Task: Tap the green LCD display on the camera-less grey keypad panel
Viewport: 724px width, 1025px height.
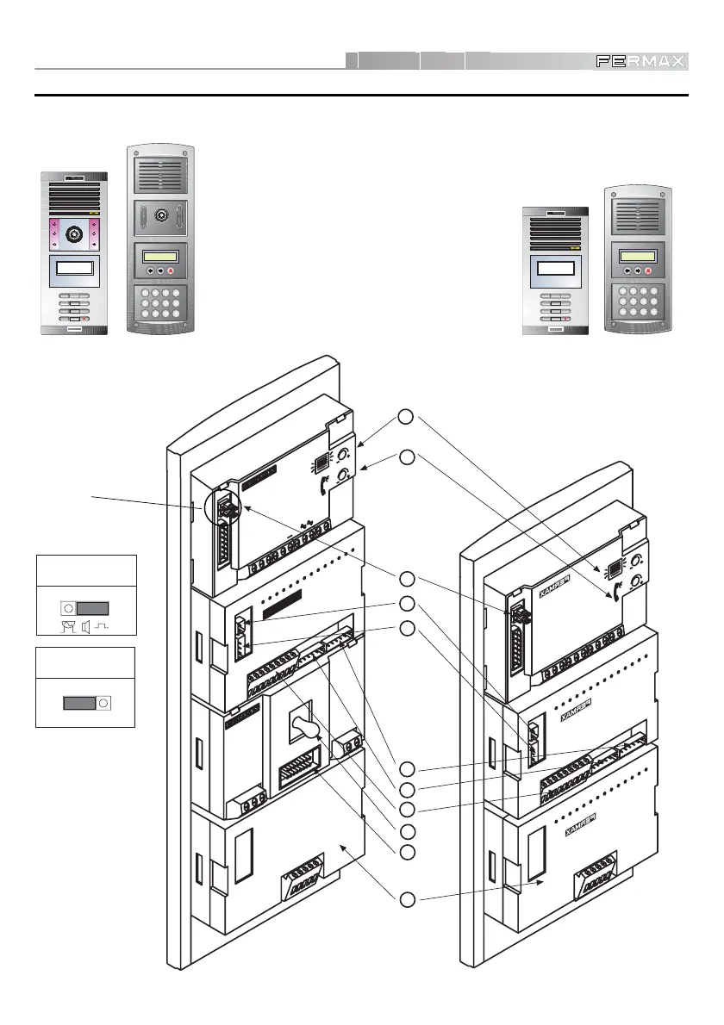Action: tap(638, 255)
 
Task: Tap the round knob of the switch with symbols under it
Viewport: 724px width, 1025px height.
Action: tap(70, 606)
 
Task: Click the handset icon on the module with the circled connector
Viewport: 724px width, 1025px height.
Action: tap(324, 486)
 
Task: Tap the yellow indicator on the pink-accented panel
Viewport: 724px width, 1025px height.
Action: tap(95, 213)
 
